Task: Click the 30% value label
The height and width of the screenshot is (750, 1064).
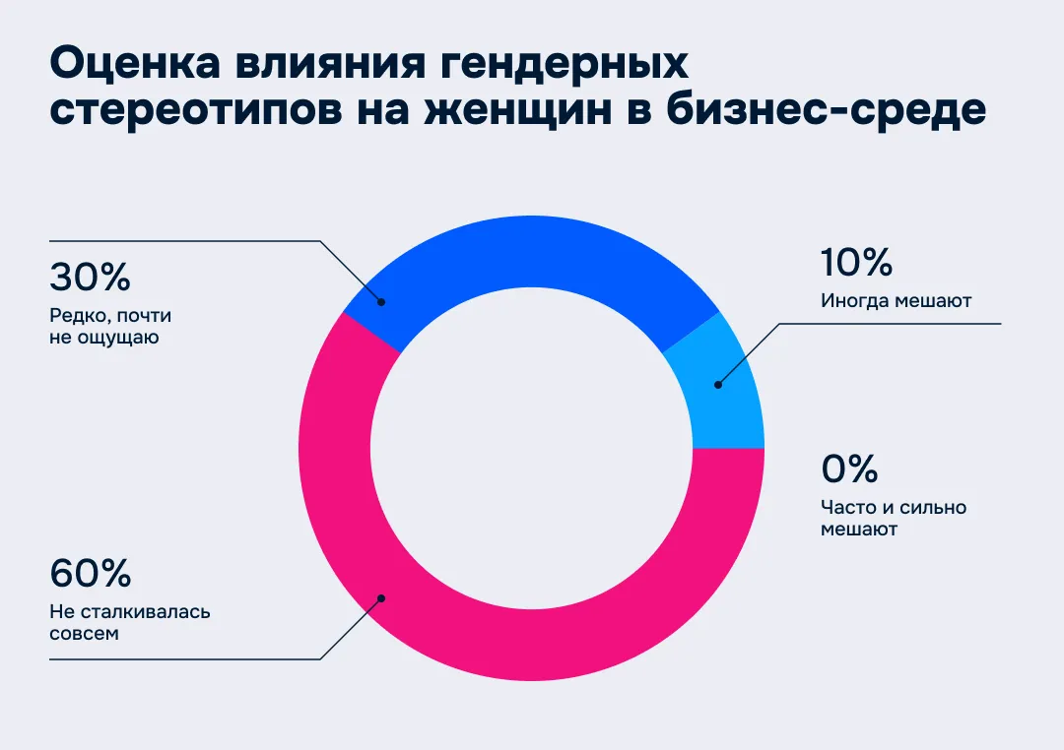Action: (x=90, y=278)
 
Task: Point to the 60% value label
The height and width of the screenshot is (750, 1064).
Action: (x=90, y=573)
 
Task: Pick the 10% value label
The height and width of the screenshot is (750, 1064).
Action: (x=856, y=263)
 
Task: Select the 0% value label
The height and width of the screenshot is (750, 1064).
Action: (x=849, y=469)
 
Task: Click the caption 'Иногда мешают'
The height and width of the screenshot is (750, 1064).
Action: (x=896, y=301)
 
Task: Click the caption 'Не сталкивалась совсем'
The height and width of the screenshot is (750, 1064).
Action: (x=129, y=622)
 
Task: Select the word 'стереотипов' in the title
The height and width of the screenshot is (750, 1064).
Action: (x=196, y=109)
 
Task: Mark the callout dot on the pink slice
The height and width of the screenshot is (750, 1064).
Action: (x=381, y=597)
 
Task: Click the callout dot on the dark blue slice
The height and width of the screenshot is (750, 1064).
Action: (x=381, y=302)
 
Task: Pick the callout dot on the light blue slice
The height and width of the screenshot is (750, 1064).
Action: (x=717, y=385)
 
